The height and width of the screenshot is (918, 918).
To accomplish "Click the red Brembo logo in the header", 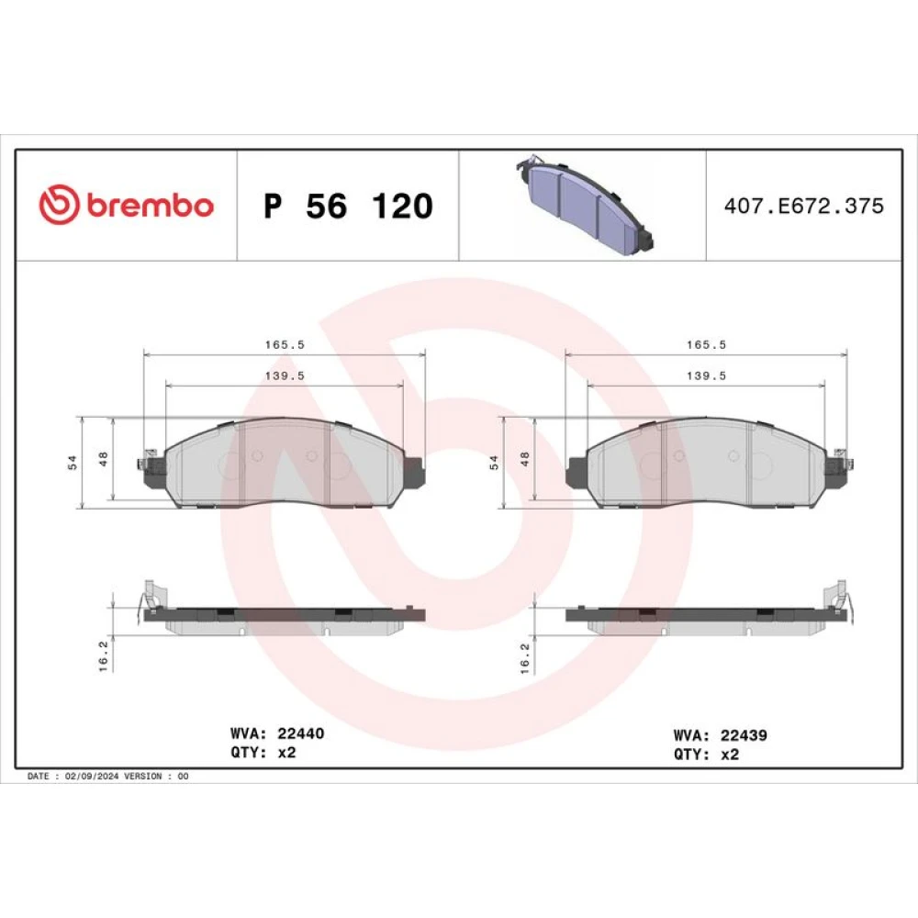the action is click(x=126, y=205).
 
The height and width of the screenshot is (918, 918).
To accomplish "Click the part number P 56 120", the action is click(x=348, y=206).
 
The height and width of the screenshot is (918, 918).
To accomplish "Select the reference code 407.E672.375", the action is click(x=804, y=206).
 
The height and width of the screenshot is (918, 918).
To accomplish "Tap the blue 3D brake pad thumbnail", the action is click(x=584, y=205).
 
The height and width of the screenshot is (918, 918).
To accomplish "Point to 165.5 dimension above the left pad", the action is click(x=285, y=345).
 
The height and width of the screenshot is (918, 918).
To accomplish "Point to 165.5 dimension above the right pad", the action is click(x=706, y=345).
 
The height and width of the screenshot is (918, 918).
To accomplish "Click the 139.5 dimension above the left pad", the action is click(x=285, y=375).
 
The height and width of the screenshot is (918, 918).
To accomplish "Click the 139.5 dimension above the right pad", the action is click(x=706, y=375).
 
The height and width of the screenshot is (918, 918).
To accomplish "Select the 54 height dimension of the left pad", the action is click(x=72, y=463).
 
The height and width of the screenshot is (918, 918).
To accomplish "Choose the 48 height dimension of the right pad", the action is click(x=524, y=459).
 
